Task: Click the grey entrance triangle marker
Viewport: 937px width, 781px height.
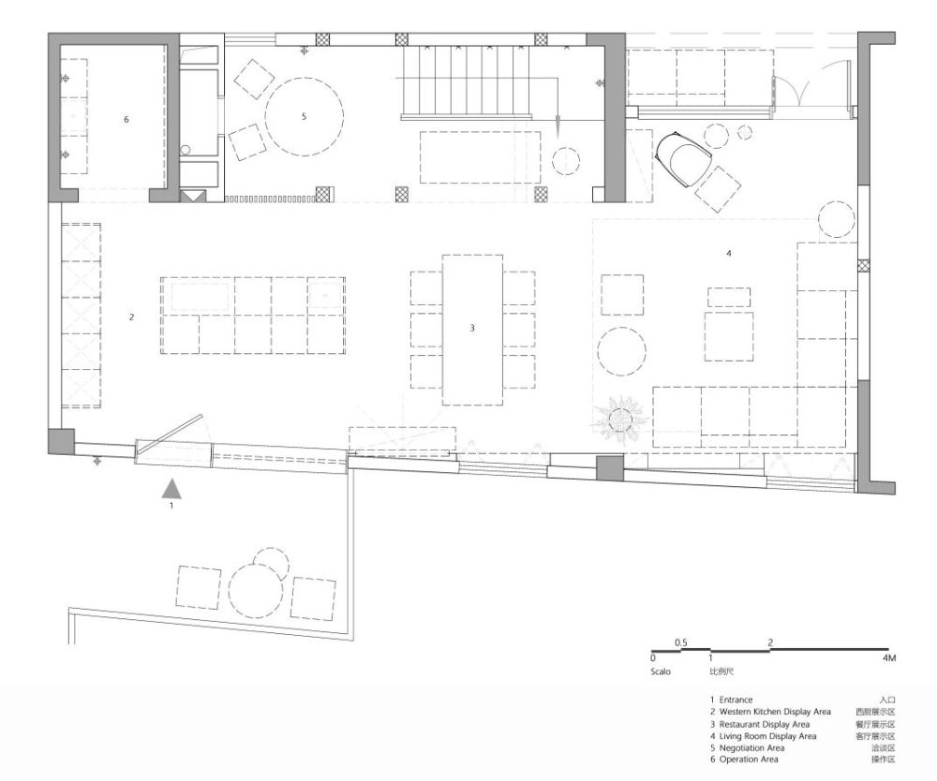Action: pyautogui.click(x=172, y=489)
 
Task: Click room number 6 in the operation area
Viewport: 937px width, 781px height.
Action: pyautogui.click(x=126, y=120)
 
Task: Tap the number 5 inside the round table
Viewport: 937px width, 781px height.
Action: pyautogui.click(x=304, y=116)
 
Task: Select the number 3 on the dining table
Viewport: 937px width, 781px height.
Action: pyautogui.click(x=472, y=328)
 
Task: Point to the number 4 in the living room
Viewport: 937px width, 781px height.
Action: pyautogui.click(x=728, y=253)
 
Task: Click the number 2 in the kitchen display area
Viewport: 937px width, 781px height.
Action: pyautogui.click(x=131, y=317)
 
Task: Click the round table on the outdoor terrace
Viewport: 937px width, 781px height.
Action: pyautogui.click(x=256, y=590)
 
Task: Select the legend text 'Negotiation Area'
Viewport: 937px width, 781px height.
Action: pyautogui.click(x=751, y=747)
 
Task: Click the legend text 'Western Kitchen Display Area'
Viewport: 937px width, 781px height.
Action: pyautogui.click(x=775, y=712)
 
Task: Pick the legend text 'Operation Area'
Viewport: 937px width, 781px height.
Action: pyautogui.click(x=748, y=759)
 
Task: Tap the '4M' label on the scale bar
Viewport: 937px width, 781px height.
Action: pyautogui.click(x=888, y=658)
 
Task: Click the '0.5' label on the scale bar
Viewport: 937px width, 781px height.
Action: pyautogui.click(x=680, y=643)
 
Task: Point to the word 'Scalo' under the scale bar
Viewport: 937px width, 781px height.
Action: pyautogui.click(x=661, y=671)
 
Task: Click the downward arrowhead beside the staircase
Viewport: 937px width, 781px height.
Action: pyautogui.click(x=557, y=129)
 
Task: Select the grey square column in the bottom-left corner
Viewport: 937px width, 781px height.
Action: pyautogui.click(x=61, y=442)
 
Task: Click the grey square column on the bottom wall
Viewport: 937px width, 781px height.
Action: pyautogui.click(x=610, y=468)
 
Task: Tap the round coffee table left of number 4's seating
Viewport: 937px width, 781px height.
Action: pyautogui.click(x=621, y=351)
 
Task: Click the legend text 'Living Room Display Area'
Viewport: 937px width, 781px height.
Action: pyautogui.click(x=767, y=736)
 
